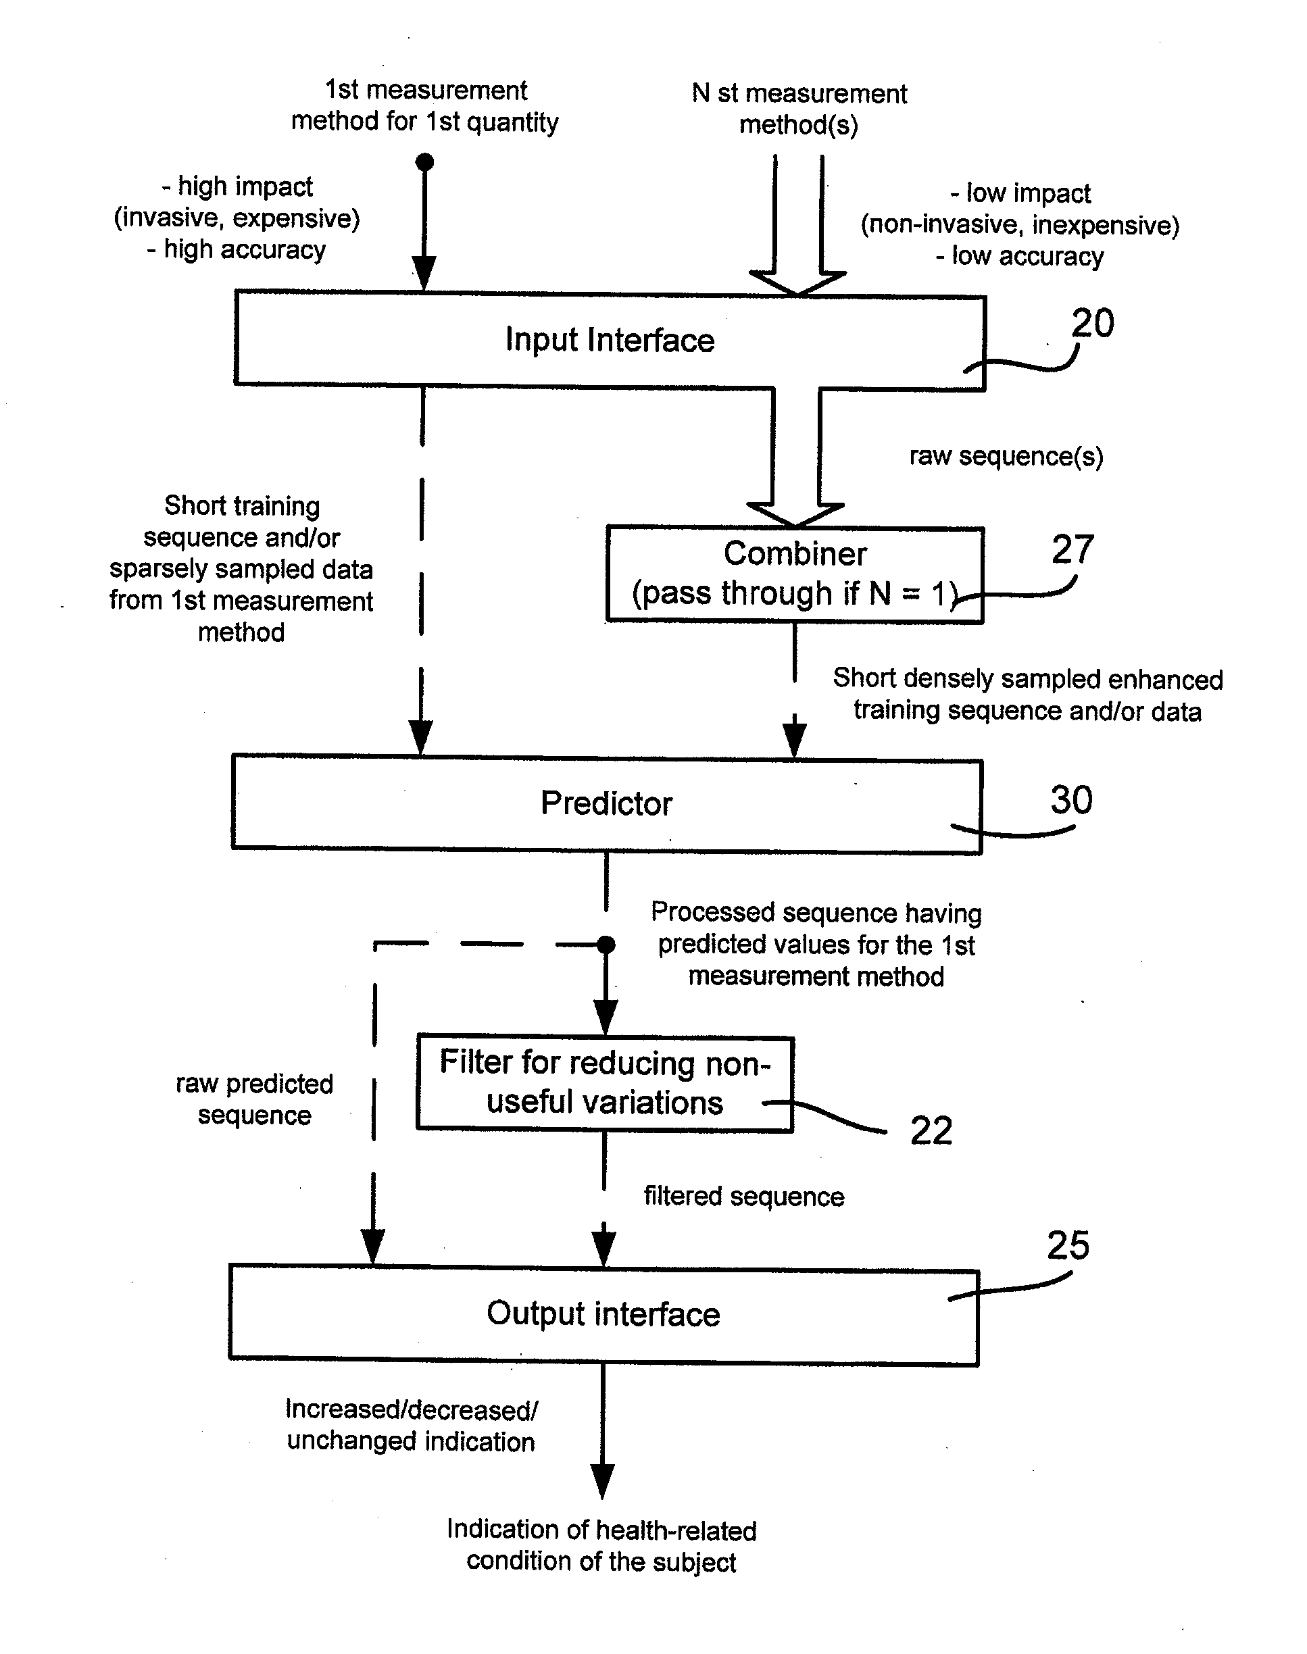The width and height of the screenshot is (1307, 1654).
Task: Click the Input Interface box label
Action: tap(610, 340)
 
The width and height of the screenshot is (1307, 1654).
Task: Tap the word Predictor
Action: tap(607, 803)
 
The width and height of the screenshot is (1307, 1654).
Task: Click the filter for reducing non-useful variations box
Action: tap(606, 1083)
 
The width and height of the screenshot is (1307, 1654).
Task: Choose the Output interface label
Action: tap(603, 1313)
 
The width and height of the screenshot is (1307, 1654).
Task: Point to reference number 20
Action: tap(1093, 323)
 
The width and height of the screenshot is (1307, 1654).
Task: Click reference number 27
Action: tap(1073, 549)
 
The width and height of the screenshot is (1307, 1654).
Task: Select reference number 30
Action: tap(1071, 800)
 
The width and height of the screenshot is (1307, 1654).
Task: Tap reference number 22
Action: tap(931, 1131)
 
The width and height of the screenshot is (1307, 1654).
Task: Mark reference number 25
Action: tap(1068, 1245)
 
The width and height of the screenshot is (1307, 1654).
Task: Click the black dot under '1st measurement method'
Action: tap(424, 161)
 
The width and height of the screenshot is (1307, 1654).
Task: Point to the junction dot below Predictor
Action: tap(606, 945)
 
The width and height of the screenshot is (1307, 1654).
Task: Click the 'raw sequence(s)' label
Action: tap(1006, 456)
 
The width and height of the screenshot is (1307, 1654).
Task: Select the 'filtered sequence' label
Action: tap(744, 1196)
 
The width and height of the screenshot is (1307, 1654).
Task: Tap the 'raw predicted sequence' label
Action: tap(255, 1099)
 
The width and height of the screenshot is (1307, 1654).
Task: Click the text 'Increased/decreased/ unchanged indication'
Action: tap(412, 1425)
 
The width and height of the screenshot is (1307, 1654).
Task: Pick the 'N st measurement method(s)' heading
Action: tap(799, 109)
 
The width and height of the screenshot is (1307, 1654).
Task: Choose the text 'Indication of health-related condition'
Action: tap(601, 1545)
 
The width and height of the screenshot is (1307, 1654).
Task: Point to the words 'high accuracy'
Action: tap(245, 249)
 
